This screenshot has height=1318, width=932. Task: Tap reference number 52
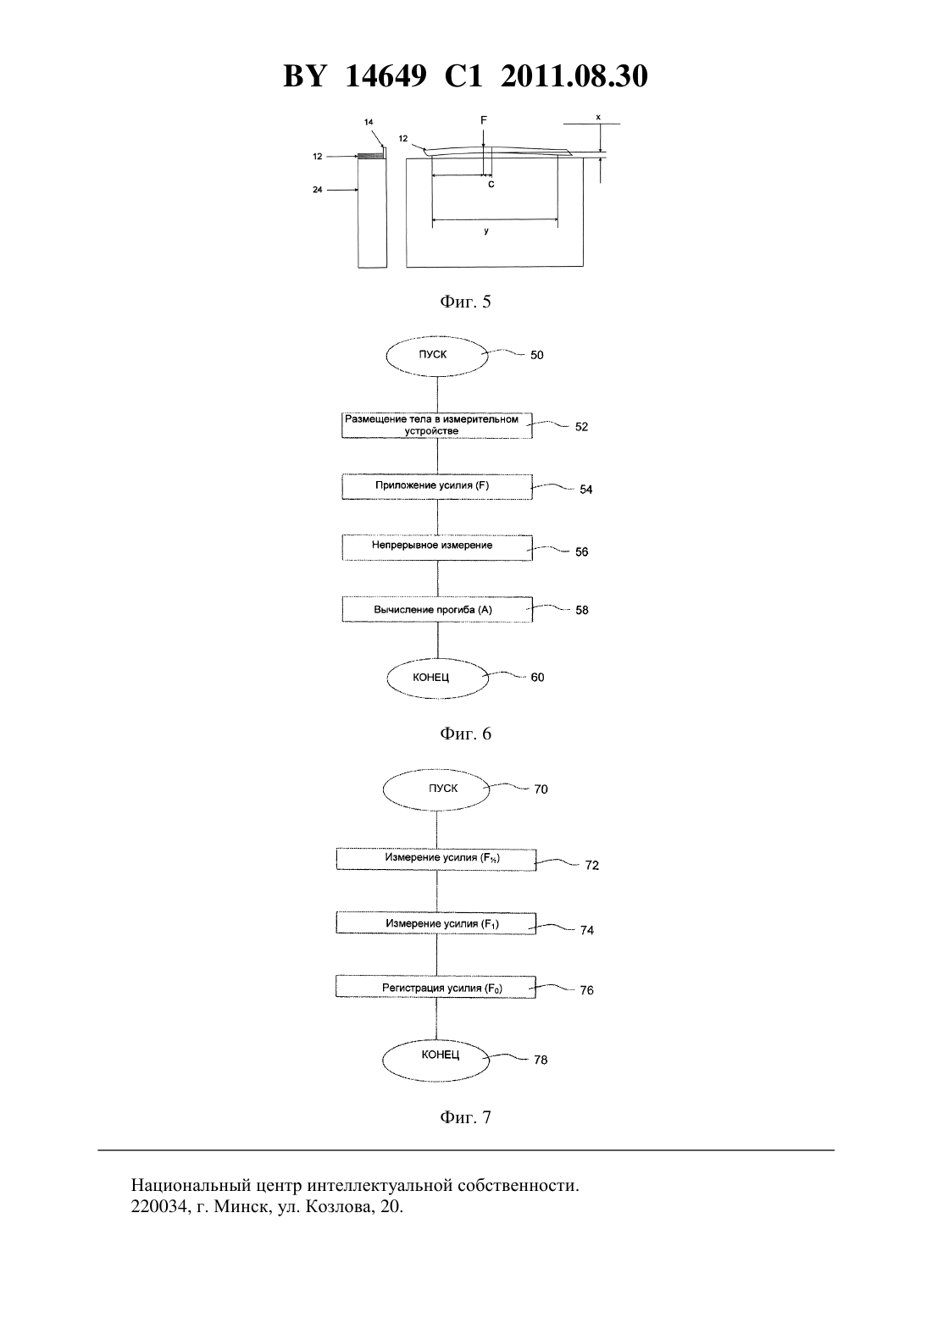click(581, 427)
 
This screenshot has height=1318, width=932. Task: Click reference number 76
click(586, 990)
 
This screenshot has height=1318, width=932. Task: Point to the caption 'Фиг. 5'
click(465, 302)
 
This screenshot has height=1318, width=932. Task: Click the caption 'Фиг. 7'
click(465, 1116)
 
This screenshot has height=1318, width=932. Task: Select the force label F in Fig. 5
click(484, 120)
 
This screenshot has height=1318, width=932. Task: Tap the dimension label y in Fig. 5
click(486, 231)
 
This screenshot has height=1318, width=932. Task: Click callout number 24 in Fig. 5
click(318, 190)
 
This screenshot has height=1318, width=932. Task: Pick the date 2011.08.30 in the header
click(574, 76)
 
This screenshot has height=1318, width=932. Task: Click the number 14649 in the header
click(386, 76)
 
